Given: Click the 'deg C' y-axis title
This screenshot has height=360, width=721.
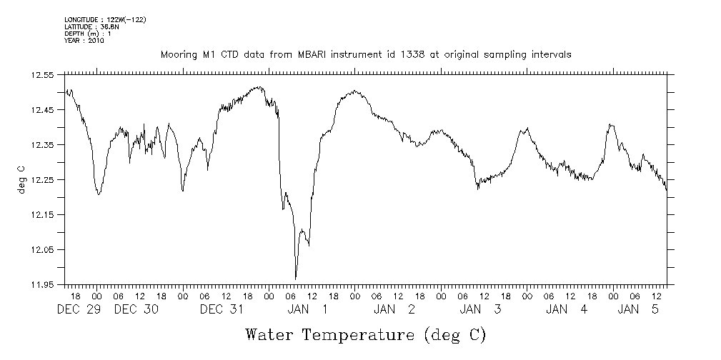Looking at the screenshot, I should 21,179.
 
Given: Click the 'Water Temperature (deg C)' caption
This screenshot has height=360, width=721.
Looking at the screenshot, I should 365,335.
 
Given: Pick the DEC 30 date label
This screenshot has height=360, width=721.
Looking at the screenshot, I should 136,309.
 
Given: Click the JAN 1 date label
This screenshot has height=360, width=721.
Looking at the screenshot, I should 308,309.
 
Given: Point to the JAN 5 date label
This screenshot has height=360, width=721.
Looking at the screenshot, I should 638,309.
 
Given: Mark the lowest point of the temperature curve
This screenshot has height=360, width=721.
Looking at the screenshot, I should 296,278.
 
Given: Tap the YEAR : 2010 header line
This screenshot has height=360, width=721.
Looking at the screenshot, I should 84,41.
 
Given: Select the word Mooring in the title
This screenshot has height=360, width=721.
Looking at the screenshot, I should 176,55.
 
